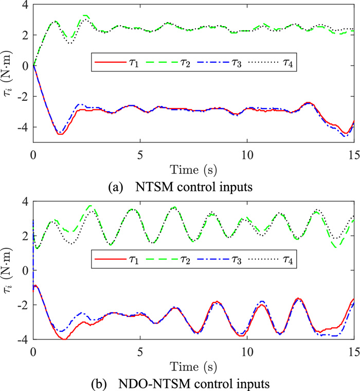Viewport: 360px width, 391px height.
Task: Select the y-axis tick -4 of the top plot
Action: click(21, 127)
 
